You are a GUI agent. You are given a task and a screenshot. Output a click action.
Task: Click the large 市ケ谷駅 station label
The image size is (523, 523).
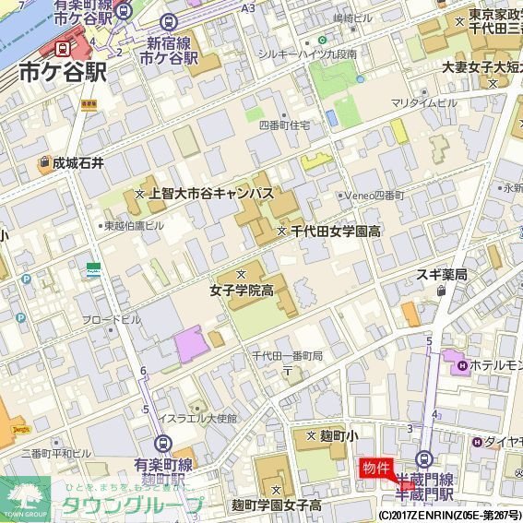tap(62, 72)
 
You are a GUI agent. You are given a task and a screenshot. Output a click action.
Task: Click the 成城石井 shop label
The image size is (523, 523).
tap(78, 163)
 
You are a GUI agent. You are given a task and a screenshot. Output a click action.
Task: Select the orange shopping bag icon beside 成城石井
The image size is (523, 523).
tap(43, 164)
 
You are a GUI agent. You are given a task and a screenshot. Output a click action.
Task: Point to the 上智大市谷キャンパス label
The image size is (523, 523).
tap(211, 194)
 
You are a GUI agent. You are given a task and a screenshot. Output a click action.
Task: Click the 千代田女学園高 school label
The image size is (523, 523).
tap(336, 231)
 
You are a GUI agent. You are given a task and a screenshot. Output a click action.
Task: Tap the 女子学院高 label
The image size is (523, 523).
tap(242, 291)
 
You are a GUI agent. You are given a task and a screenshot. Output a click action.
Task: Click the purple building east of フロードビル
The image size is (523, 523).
tap(190, 343)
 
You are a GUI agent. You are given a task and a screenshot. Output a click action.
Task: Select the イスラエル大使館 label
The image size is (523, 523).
tap(196, 418)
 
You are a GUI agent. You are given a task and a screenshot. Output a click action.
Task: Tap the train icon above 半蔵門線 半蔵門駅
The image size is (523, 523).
tap(425, 458)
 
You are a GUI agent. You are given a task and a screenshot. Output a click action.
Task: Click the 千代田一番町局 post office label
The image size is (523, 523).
tap(287, 356)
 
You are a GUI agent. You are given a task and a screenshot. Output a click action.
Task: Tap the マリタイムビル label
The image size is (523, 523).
tap(423, 102)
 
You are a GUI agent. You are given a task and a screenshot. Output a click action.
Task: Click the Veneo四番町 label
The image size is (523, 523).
tap(374, 196)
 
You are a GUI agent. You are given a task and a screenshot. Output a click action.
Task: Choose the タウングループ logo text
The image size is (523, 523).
tap(131, 505)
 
